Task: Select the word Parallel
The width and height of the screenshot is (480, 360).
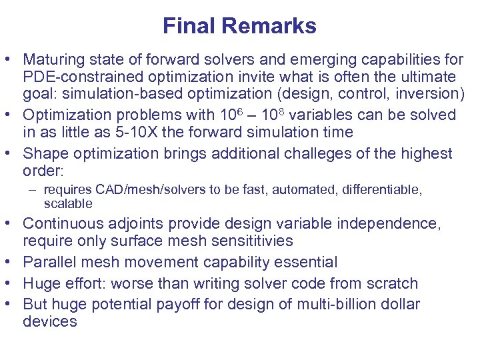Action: (46, 262)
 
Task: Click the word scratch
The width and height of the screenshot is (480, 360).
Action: (393, 283)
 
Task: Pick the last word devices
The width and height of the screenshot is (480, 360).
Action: (50, 322)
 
